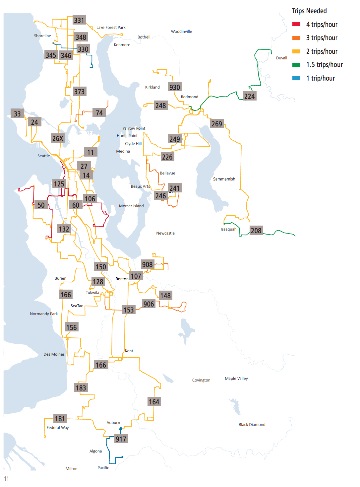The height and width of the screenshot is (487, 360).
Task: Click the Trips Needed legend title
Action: (x=309, y=11)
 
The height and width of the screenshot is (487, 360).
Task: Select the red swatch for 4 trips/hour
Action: (x=296, y=25)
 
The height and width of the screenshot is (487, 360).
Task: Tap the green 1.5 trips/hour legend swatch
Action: (x=296, y=65)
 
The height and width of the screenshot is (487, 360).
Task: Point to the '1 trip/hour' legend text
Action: (x=320, y=78)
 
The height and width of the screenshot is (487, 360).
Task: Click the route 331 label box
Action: (x=79, y=20)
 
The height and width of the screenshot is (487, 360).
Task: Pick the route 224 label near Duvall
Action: (x=249, y=96)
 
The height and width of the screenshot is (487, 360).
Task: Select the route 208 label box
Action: (x=256, y=231)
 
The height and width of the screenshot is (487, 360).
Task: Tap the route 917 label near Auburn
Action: (x=121, y=439)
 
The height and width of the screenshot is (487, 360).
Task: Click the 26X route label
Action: (x=58, y=138)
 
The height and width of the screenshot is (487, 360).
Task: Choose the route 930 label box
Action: (x=175, y=87)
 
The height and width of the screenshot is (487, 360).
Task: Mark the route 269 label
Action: (x=217, y=124)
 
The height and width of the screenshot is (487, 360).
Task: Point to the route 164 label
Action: (x=154, y=402)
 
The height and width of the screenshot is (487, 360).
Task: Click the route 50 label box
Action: (x=41, y=205)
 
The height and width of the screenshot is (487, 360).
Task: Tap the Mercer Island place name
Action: (x=131, y=206)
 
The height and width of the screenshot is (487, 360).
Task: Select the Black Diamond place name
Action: (x=252, y=425)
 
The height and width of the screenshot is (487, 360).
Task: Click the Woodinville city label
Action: (x=181, y=32)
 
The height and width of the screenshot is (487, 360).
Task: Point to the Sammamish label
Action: (x=224, y=179)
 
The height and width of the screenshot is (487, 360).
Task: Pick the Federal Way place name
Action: (x=58, y=428)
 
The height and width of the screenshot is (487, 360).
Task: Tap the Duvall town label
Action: (x=281, y=58)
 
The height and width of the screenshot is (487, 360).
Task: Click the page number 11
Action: (x=6, y=479)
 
